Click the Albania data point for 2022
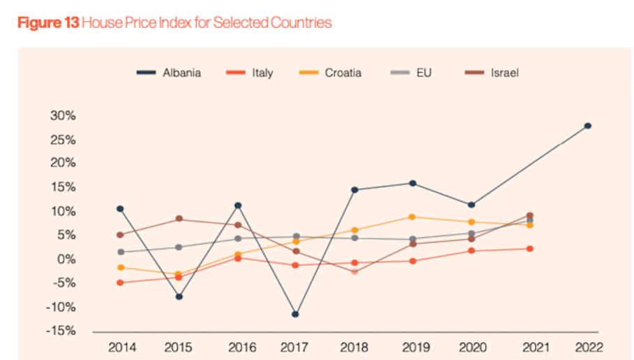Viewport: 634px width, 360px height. pos(588,126)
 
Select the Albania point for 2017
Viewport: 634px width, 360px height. pos(296,314)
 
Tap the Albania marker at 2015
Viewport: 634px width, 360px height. pos(179,297)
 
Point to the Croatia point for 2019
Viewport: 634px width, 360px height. pos(412,217)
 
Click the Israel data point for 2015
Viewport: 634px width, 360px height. pos(179,219)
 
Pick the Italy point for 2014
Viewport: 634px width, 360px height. pos(121,283)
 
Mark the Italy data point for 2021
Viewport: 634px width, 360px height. pos(530,248)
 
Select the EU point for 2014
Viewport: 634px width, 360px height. pos(121,252)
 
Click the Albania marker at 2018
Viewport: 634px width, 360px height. pos(354,190)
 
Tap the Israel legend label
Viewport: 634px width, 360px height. pos(504,73)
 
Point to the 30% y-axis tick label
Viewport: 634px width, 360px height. pos(62,116)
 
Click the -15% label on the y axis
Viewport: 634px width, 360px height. pos(60,331)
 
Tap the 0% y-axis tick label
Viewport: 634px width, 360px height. pos(65,259)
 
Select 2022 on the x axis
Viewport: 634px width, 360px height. pos(588,347)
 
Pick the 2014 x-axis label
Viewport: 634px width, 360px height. pos(121,347)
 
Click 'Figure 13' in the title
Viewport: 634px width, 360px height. pos(47,22)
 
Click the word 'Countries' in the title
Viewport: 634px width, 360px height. pos(301,22)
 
